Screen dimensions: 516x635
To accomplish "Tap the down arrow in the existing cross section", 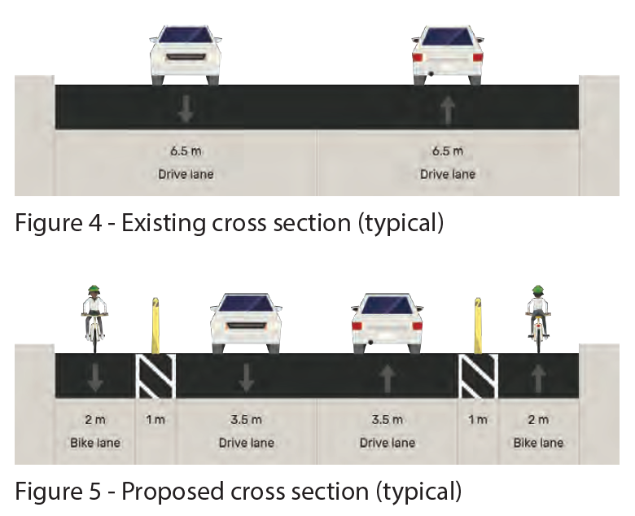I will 186,107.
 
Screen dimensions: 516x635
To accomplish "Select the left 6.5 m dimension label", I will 186,151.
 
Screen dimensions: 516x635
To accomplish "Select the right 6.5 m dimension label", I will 448,151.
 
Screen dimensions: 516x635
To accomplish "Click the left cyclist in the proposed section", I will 94,317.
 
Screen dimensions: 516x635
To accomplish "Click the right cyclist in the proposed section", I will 537,317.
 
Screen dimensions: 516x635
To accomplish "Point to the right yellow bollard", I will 479,326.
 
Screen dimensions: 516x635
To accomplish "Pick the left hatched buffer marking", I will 155,376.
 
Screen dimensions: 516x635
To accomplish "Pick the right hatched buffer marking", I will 479,376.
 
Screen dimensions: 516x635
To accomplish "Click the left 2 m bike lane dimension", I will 94,420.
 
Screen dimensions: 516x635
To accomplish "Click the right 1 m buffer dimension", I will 478,420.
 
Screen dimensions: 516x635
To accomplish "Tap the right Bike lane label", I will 537,443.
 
